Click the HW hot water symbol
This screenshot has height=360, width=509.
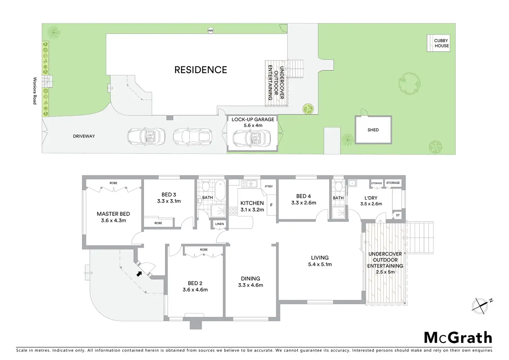[211, 31]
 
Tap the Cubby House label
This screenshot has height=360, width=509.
[442, 43]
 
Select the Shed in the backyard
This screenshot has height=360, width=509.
[373, 130]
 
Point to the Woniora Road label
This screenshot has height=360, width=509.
[35, 91]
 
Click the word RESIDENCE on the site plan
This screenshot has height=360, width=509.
[201, 70]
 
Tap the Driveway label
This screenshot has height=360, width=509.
[84, 136]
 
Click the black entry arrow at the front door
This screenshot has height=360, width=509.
[139, 274]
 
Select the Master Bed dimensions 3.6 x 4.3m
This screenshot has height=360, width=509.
[113, 220]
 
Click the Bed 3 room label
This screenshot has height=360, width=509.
[169, 195]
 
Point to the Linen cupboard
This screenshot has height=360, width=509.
[220, 224]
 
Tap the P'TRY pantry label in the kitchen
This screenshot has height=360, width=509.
[269, 186]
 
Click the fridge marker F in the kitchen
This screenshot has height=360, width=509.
[271, 205]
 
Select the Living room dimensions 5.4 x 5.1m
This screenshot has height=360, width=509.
[320, 264]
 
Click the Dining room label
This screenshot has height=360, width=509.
[250, 278]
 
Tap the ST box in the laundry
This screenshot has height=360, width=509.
[398, 215]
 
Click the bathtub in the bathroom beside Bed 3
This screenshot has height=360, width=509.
[220, 191]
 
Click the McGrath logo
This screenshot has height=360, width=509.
[458, 338]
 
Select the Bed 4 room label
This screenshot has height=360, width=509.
[303, 196]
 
